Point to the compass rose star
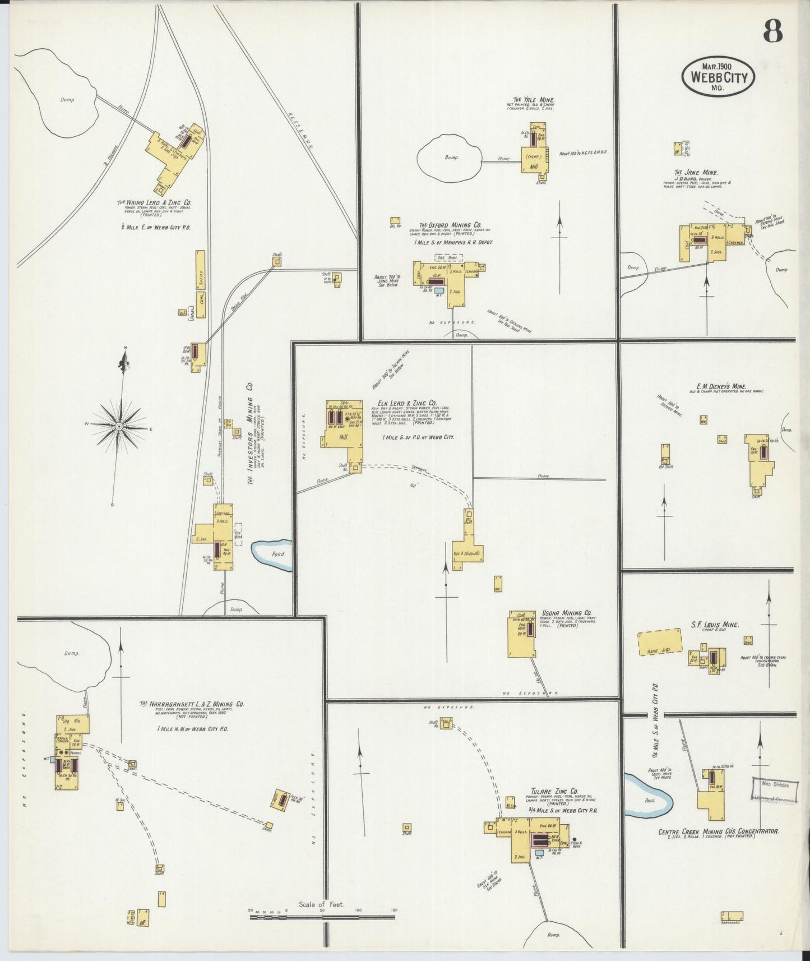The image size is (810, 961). click(119, 427)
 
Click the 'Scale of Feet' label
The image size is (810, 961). click(321, 904)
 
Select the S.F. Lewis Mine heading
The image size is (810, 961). click(714, 625)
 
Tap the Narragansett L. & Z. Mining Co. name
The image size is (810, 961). click(191, 704)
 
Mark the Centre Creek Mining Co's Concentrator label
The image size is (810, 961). click(718, 832)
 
